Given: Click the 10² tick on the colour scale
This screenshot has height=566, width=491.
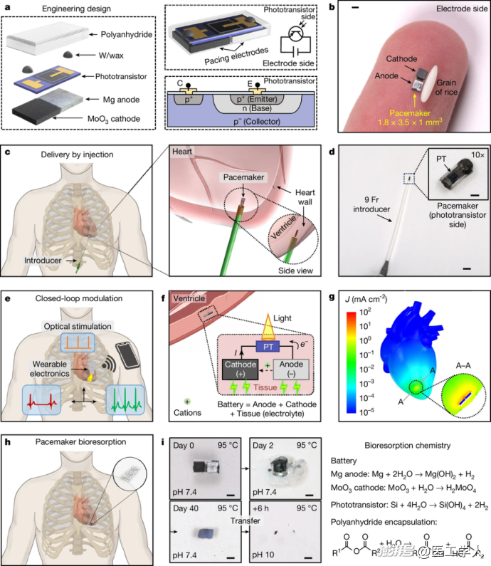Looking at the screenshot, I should (x=359, y=310).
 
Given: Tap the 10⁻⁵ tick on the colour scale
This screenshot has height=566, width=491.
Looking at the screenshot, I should (x=359, y=412).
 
